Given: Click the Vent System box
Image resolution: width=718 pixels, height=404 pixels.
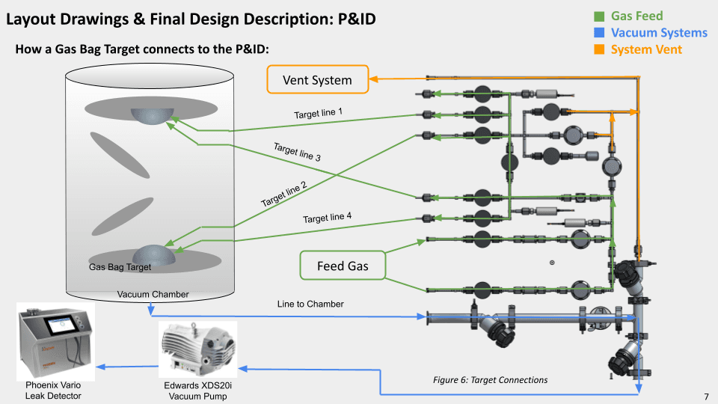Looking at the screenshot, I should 317,79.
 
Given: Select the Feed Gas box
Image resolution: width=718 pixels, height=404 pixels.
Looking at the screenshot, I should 342,266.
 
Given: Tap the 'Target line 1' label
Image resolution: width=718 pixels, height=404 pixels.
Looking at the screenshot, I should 318,114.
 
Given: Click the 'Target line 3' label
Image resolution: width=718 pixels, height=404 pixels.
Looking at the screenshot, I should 297,153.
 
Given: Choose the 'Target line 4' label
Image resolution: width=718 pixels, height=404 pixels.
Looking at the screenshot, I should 327,218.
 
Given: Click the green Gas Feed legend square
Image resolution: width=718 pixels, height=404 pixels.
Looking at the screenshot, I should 598,16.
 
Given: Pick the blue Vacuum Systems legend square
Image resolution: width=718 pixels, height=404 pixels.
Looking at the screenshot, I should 598,33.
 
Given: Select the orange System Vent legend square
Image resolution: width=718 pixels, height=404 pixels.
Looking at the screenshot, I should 598,50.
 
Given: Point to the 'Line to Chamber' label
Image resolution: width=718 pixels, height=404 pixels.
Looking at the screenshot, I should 310,304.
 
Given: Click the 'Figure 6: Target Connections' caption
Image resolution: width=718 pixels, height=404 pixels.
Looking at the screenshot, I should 490,380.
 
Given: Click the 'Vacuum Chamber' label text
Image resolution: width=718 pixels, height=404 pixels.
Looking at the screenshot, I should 153,294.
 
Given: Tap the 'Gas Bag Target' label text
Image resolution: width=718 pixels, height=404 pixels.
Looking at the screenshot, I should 120,267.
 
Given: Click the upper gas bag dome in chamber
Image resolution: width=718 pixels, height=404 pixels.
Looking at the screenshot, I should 152,113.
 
